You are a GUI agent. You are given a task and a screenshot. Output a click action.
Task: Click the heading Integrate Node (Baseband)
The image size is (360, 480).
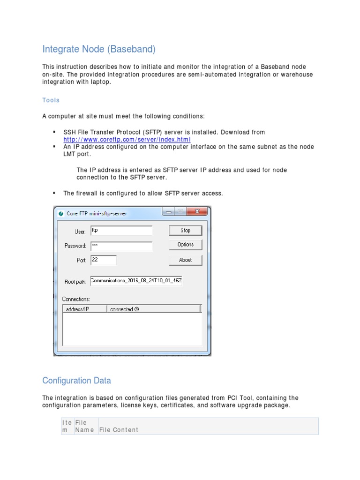[x=98, y=49]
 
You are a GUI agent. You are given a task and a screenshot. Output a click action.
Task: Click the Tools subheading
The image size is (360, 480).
[x=51, y=100]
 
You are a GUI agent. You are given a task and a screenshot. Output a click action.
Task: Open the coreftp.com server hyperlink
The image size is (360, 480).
[x=127, y=140]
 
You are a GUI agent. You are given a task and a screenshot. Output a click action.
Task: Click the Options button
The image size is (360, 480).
[x=185, y=245]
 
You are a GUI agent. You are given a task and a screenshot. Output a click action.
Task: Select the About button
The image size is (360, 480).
[x=185, y=260]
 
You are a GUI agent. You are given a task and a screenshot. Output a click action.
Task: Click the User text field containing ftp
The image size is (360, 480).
[x=121, y=231]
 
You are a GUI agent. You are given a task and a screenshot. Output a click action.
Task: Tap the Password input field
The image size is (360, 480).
[x=121, y=246]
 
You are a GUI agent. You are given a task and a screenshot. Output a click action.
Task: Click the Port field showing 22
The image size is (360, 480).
[x=103, y=260]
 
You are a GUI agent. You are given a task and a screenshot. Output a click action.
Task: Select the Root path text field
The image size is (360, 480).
[x=136, y=281]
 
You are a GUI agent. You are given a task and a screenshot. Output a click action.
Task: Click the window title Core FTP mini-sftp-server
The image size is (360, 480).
[x=97, y=214]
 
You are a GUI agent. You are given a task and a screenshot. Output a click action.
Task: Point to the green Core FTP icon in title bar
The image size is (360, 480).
[x=60, y=214]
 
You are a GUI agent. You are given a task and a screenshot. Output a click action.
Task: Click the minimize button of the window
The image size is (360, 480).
[x=169, y=212]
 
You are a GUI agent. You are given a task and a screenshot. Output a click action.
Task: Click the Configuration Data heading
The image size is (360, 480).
[x=76, y=380]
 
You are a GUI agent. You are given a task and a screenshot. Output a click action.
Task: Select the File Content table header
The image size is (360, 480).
[x=119, y=430]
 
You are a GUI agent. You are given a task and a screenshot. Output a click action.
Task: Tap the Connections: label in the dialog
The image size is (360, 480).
[x=76, y=299]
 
